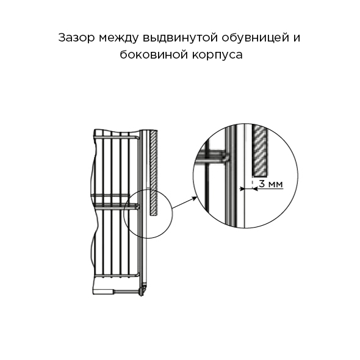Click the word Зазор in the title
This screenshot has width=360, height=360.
[76, 38]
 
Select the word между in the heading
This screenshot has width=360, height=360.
[119, 38]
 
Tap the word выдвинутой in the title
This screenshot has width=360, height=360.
[180, 38]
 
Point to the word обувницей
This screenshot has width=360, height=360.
[255, 38]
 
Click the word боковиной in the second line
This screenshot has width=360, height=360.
[153, 55]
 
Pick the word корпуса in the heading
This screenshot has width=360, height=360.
[217, 56]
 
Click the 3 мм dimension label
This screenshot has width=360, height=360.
[271, 184]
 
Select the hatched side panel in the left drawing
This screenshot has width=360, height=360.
[154, 173]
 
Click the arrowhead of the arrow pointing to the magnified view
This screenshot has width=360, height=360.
[195, 198]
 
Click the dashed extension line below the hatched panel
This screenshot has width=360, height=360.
[253, 183]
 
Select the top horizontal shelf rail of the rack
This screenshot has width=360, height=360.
[116, 137]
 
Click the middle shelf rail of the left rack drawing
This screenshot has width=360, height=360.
[116, 206]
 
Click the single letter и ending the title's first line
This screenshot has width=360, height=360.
[297, 38]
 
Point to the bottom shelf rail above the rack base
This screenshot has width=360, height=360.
[117, 275]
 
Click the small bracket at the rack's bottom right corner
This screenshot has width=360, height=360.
[143, 290]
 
